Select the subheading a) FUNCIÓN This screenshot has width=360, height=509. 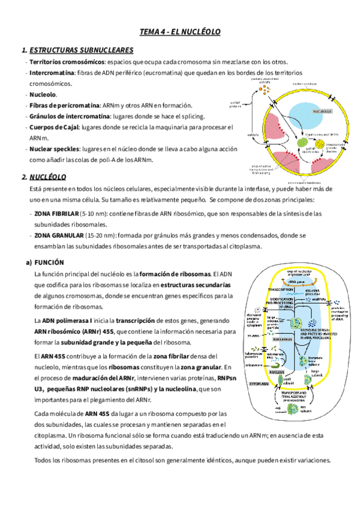(49, 263)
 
